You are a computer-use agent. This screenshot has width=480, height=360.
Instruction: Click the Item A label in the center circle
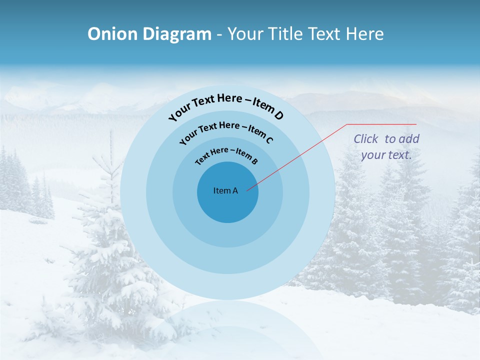pos(225,190)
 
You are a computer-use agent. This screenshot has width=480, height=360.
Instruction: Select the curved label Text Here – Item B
pos(226,154)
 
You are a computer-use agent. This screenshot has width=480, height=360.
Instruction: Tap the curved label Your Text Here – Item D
pos(226,105)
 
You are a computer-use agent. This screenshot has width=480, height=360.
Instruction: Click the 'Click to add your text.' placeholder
pos(386,147)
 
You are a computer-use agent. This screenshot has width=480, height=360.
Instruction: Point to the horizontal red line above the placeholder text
pos(381,124)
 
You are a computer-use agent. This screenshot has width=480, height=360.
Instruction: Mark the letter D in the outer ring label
pos(278,116)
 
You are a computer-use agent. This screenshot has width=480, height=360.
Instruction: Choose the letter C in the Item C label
pos(269,140)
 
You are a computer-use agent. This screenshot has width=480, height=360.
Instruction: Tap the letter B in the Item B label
pos(254,161)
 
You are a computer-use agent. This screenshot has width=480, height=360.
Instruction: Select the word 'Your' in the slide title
pos(246,34)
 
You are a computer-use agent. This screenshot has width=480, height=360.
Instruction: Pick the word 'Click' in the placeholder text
pos(365,139)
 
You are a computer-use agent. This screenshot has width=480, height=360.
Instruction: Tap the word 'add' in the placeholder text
pos(408,139)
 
